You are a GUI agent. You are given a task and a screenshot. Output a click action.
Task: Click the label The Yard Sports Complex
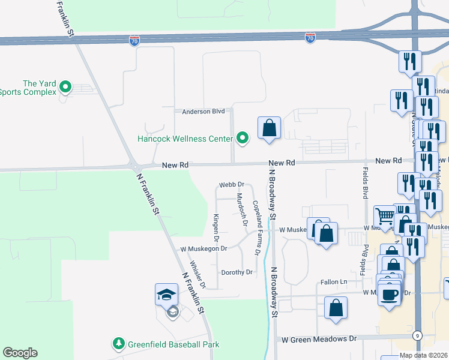click(x=28, y=88)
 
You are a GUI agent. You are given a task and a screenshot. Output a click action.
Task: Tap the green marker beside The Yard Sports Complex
click(x=65, y=88)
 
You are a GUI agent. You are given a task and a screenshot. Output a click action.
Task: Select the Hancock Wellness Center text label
click(x=185, y=139)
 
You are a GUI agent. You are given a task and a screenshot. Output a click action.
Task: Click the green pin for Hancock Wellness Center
click(x=243, y=139)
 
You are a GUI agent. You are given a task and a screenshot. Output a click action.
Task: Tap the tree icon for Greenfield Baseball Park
click(x=119, y=344)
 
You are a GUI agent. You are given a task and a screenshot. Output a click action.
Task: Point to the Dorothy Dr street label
click(x=237, y=272)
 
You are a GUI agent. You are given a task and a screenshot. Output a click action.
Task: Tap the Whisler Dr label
click(x=197, y=273)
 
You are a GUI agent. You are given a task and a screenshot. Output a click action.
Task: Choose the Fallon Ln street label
click(x=334, y=282)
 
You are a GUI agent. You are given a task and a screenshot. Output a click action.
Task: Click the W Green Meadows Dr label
click(x=319, y=339)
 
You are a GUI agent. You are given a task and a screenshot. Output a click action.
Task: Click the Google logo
click(x=20, y=353)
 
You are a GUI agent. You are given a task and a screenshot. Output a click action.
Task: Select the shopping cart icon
click(x=385, y=215)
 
